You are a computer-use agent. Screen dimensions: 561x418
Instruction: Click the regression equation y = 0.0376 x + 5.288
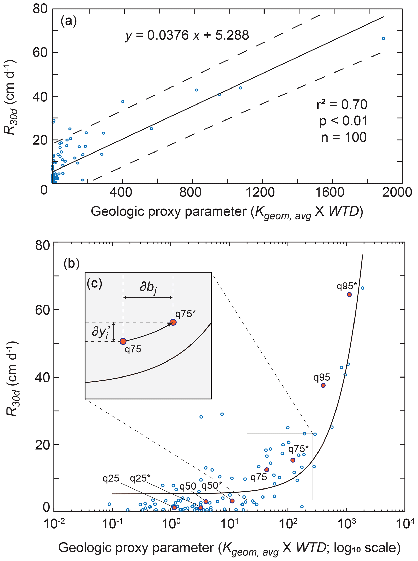coord(187,35)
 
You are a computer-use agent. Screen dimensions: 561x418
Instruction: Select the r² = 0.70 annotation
coord(342,105)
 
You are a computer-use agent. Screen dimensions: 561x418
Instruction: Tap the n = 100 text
coord(344,138)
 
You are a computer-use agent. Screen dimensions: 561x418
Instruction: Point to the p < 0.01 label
coord(343,121)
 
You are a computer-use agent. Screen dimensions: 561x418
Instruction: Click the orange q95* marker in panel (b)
coord(349,294)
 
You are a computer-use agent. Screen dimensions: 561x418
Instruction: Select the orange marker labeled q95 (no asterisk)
coord(323,385)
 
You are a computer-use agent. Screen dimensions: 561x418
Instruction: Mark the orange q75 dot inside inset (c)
coord(123,341)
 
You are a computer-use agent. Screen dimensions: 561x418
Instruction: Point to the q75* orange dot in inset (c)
coord(173,322)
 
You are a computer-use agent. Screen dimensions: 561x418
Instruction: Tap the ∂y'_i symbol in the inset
coord(101,332)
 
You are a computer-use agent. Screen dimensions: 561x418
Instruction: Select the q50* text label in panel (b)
coord(212,485)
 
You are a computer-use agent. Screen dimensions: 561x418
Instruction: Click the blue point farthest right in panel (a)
coord(383,38)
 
